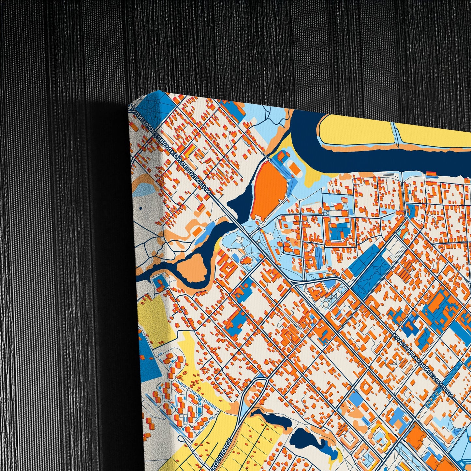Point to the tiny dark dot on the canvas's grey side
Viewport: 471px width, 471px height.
[x=140, y=208]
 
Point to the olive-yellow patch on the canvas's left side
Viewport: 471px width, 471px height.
[x=153, y=313]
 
